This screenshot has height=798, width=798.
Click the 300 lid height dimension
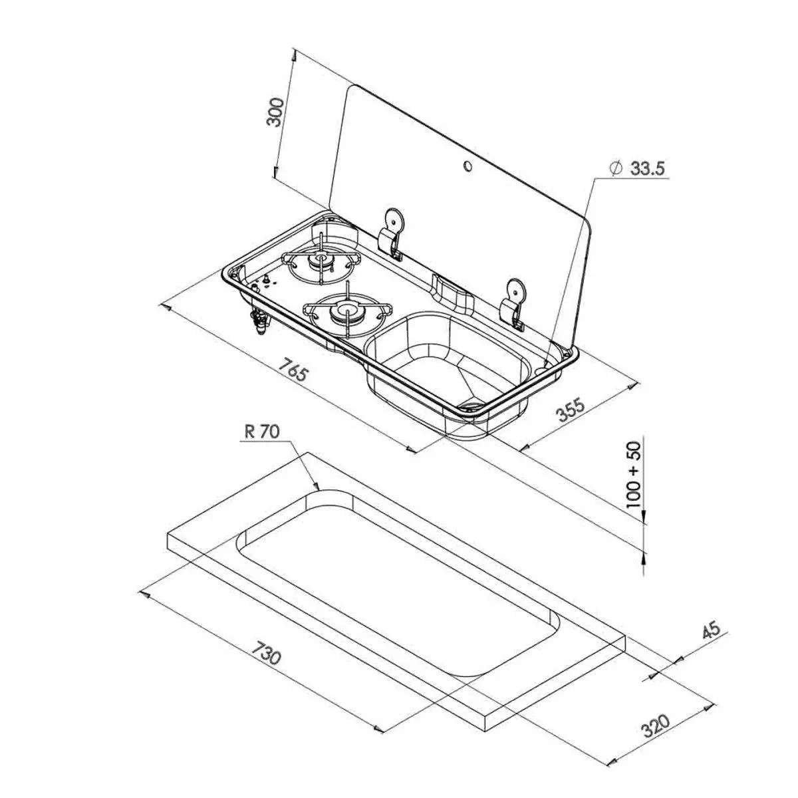click(275, 112)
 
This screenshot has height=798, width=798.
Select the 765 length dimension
click(293, 370)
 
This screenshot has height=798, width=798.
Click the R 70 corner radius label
click(262, 432)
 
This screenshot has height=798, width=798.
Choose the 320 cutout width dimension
click(654, 727)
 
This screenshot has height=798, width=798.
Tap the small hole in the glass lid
click(467, 166)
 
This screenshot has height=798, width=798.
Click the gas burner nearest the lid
click(319, 259)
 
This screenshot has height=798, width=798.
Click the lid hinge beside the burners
click(392, 234)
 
